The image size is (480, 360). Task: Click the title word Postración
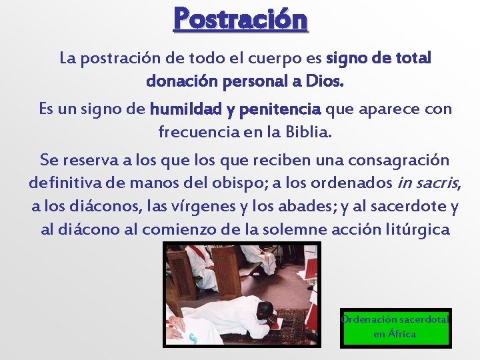[x=241, y=19]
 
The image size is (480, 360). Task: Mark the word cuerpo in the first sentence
[x=251, y=58]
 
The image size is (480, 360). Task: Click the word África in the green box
[x=402, y=334]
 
